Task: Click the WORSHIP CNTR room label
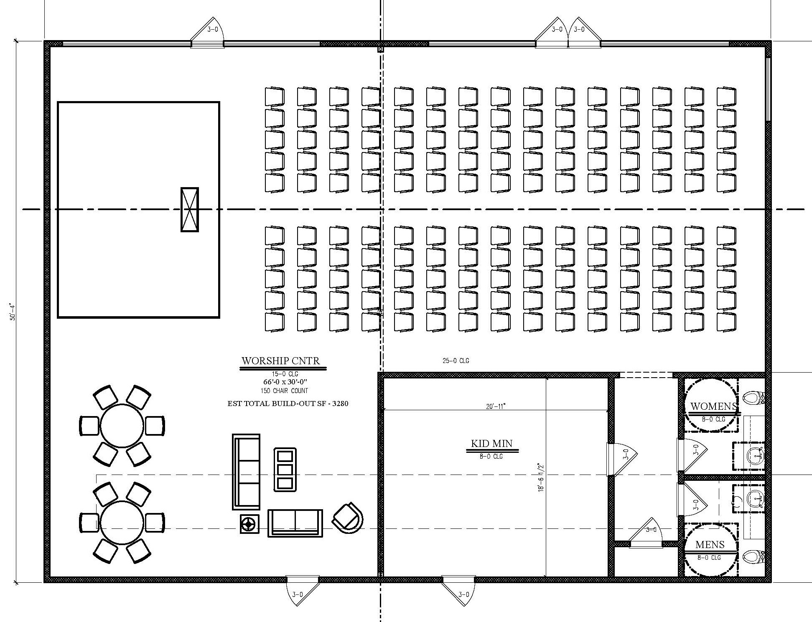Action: point(281,361)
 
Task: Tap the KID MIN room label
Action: point(491,443)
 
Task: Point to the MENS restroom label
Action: point(710,544)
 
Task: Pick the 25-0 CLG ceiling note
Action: point(456,361)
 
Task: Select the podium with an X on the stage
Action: point(189,209)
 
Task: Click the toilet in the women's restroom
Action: point(755,397)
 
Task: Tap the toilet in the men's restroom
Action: point(755,556)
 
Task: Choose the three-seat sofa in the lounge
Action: point(246,472)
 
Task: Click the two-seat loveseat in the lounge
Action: point(295,523)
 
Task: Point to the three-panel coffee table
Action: point(285,470)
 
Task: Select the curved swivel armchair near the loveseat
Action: point(348,518)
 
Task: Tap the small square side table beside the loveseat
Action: point(249,524)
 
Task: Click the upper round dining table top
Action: point(122,426)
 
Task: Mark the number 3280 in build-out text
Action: point(340,404)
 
